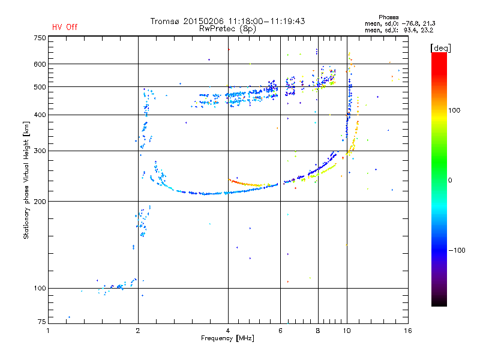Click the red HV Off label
[65, 27]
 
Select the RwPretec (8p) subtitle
[227, 29]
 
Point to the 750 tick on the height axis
[40, 38]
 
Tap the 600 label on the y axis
[40, 64]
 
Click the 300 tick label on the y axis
[40, 151]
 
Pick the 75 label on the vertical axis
[42, 322]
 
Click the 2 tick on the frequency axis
[138, 331]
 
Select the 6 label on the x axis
[280, 331]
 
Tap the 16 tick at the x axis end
[408, 331]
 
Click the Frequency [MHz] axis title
[227, 338]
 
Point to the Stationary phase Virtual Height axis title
[26, 180]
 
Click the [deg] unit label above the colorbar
[440, 48]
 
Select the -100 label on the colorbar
[457, 250]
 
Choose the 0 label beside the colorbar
[450, 180]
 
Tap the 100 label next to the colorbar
[454, 110]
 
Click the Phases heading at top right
[388, 17]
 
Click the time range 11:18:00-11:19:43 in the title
[266, 21]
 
